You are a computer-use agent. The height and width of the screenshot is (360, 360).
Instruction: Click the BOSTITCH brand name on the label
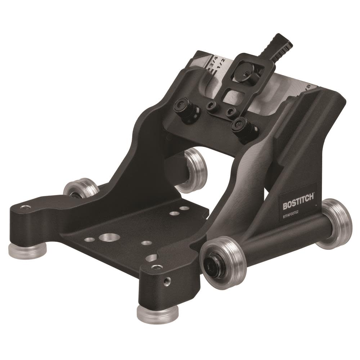298,205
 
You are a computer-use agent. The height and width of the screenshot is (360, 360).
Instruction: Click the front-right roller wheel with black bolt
224,262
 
